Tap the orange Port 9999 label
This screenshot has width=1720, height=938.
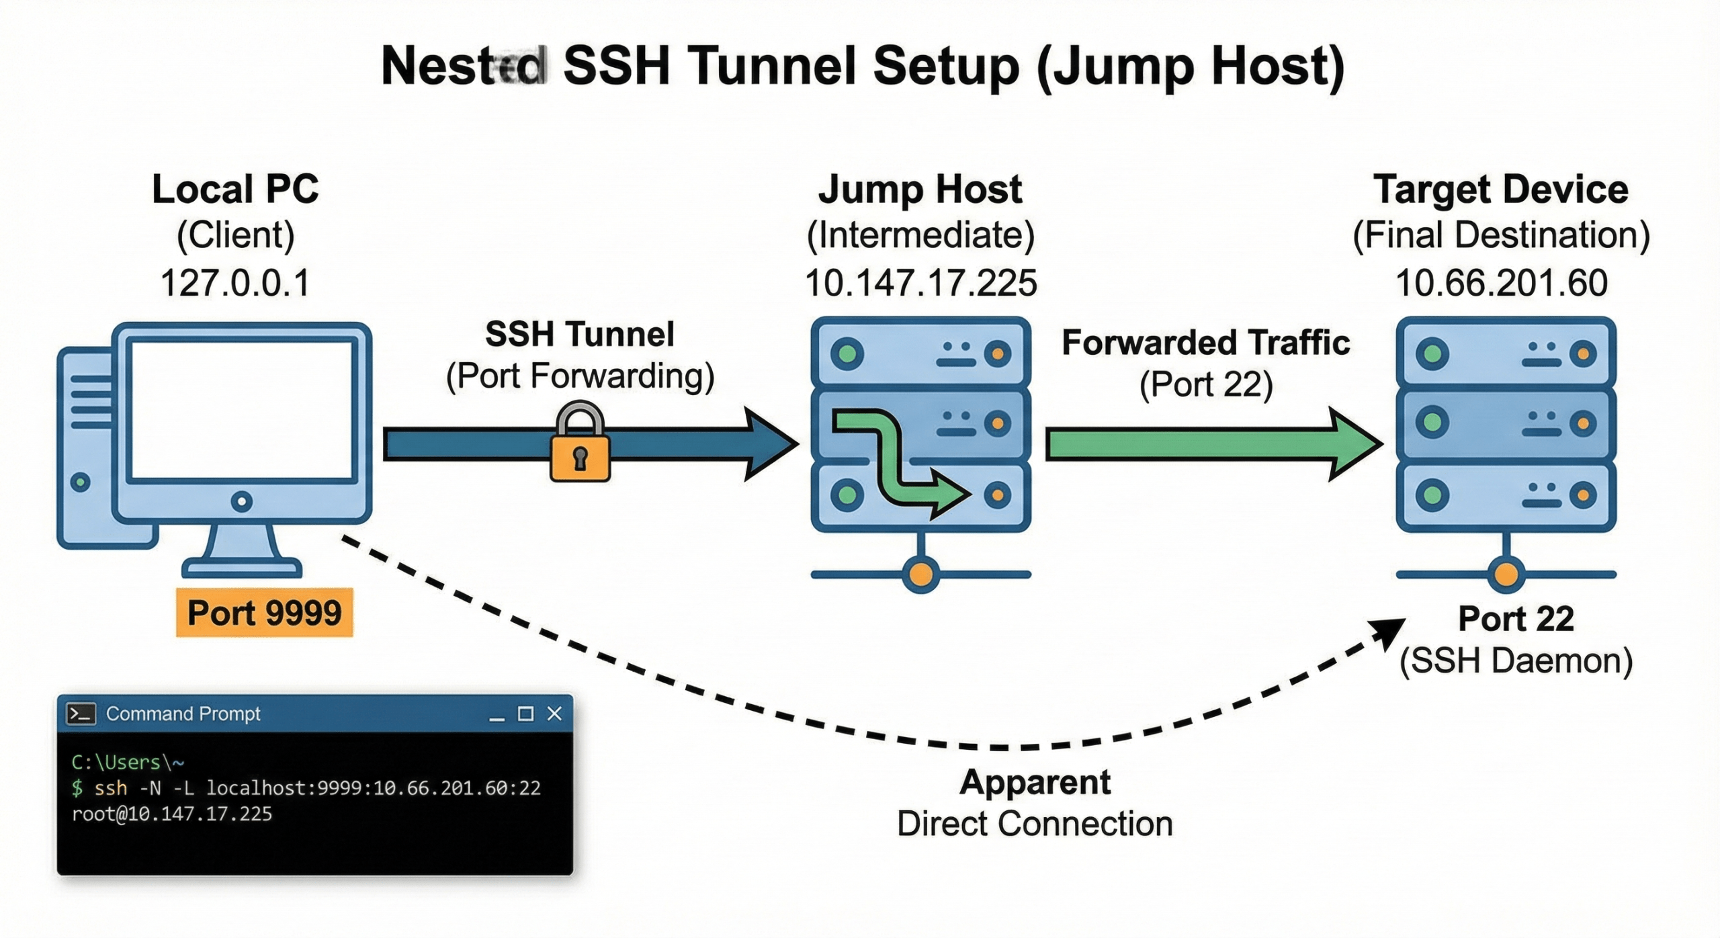pos(264,613)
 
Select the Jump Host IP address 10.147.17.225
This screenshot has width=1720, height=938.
pos(920,283)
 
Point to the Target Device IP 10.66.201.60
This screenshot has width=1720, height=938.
pos(1501,283)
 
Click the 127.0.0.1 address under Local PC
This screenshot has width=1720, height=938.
pos(235,283)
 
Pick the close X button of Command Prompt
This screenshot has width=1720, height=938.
pos(554,714)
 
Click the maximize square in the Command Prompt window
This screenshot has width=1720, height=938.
pos(525,714)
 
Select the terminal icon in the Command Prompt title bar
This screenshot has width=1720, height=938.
pos(81,714)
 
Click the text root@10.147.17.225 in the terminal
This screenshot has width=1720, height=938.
pos(172,814)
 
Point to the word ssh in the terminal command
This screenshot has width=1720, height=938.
pos(110,788)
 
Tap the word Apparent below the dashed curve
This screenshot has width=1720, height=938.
pos(1035,782)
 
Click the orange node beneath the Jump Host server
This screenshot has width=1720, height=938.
pos(920,574)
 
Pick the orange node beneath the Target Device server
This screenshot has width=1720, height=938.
pos(1506,574)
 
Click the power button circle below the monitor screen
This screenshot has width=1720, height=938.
pos(241,501)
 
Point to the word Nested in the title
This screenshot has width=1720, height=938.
pos(464,67)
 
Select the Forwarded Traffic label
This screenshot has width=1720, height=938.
pos(1205,343)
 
